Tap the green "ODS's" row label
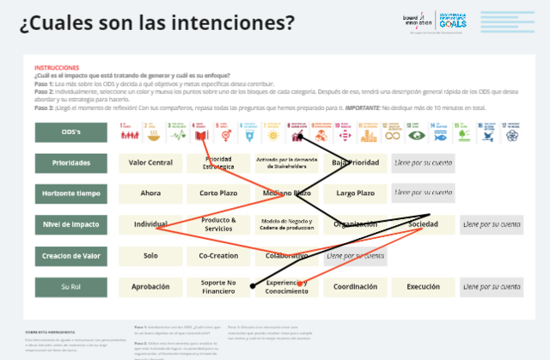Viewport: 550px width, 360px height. pos(71,132)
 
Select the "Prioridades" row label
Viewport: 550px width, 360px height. pos(71,162)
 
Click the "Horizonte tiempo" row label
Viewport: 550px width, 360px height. pos(71,193)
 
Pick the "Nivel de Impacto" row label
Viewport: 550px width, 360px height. pos(71,224)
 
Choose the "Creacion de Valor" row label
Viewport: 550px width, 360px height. pos(71,255)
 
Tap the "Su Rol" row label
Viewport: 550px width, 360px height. pos(71,286)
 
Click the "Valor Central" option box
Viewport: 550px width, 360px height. pos(150,162)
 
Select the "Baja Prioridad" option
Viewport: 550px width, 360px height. pos(355,162)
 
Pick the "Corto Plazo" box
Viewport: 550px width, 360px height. pos(218,193)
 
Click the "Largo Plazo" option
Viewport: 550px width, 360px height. pos(355,193)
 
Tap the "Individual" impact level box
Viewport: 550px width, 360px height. pos(150,224)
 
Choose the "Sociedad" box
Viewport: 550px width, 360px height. pos(423,224)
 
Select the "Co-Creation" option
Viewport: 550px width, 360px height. pos(218,255)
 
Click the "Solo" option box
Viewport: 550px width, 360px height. pos(150,255)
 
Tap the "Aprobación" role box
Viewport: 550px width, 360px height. pos(150,286)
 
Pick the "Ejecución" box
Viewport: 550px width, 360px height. pos(423,286)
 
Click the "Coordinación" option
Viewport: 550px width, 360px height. pos(355,286)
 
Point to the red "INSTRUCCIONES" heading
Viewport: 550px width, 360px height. pos(57,68)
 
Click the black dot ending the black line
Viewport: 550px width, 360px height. pos(253,286)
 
